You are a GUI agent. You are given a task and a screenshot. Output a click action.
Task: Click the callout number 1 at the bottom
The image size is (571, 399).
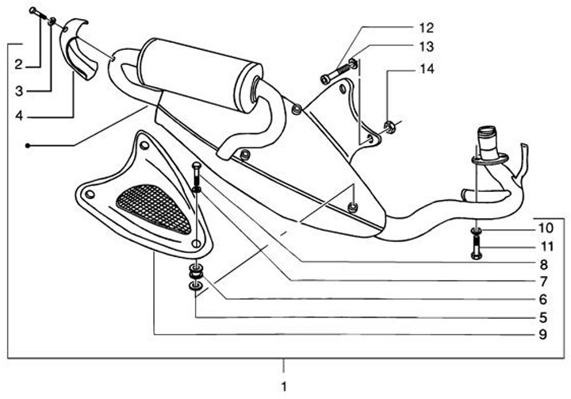click(283, 386)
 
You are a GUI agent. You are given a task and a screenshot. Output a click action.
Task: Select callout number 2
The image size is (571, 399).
click(17, 63)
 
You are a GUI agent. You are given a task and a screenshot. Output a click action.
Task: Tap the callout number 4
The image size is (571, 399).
click(17, 117)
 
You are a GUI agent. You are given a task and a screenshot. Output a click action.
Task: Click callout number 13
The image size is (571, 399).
click(427, 47)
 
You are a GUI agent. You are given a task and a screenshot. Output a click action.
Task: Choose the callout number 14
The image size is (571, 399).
click(427, 70)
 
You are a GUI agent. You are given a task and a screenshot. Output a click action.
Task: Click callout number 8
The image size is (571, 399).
click(543, 264)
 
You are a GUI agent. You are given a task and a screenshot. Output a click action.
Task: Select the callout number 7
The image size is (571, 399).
click(543, 282)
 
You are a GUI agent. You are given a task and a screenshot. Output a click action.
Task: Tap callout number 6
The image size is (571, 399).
click(543, 300)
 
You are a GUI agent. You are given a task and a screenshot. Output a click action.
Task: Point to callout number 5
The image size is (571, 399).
click(543, 317)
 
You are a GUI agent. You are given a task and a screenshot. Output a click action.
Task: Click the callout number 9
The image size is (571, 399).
click(543, 335)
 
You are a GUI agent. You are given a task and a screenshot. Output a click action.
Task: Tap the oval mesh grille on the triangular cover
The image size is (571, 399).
click(155, 203)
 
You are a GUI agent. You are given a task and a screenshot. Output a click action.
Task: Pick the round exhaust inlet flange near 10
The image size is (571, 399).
click(485, 159)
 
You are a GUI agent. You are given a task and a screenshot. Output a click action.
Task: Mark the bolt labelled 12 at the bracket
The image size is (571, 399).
click(331, 77)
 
